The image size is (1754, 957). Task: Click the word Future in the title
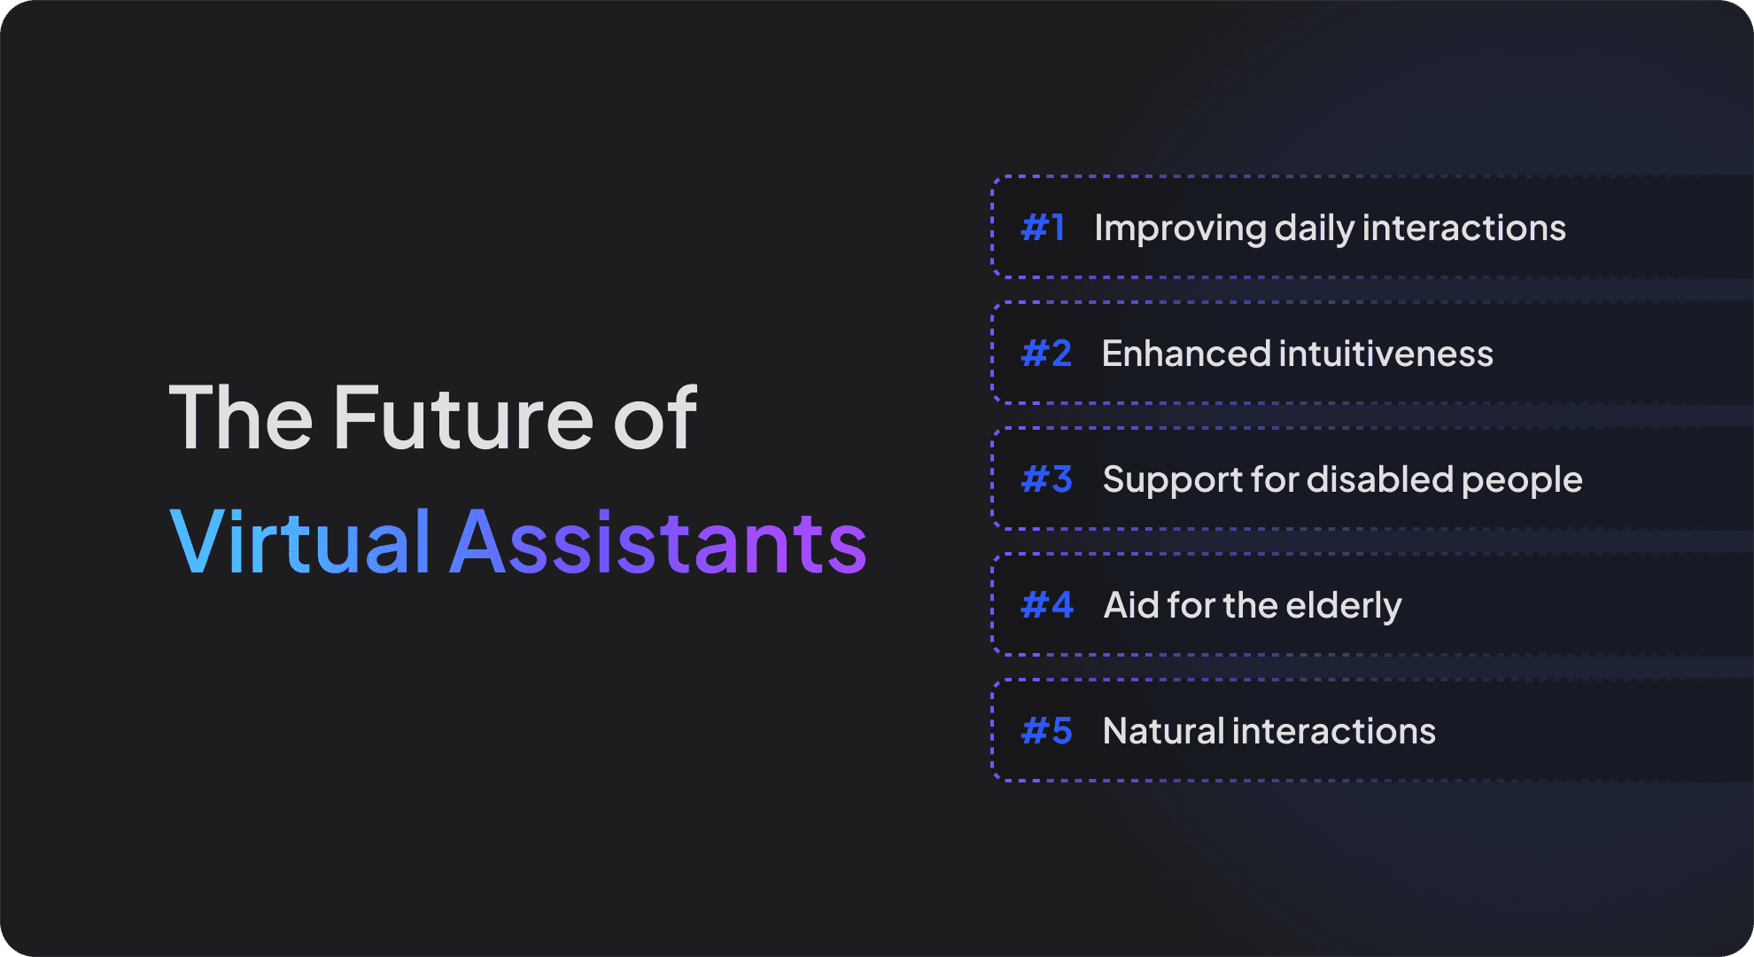pyautogui.click(x=463, y=417)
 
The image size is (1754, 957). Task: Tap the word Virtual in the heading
pyautogui.click(x=299, y=541)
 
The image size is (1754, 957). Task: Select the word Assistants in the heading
pyautogui.click(x=658, y=541)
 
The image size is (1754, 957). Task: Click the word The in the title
pyautogui.click(x=241, y=417)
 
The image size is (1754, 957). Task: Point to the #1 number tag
pyautogui.click(x=1043, y=228)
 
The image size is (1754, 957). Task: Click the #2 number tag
pyautogui.click(x=1046, y=354)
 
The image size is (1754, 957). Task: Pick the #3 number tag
pyautogui.click(x=1046, y=479)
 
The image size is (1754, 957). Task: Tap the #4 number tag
pyautogui.click(x=1047, y=605)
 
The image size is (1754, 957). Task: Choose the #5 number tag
pyautogui.click(x=1046, y=731)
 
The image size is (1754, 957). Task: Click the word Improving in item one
pyautogui.click(x=1181, y=230)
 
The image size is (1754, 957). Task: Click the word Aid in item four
pyautogui.click(x=1131, y=605)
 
